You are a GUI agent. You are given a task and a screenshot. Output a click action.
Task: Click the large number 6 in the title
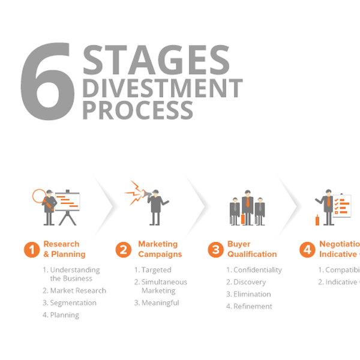(x=47, y=83)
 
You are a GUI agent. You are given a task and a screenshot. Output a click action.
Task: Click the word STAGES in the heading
(x=156, y=61)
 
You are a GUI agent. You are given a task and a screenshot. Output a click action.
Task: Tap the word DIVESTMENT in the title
(x=162, y=88)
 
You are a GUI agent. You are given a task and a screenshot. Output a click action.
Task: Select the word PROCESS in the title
(x=137, y=110)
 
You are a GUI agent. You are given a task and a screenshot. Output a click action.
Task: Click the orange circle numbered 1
(x=32, y=250)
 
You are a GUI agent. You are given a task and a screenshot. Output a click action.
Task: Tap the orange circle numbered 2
(x=123, y=250)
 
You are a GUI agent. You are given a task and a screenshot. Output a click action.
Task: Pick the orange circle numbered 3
(x=215, y=250)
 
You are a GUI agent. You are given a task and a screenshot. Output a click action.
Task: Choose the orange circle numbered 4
(x=307, y=250)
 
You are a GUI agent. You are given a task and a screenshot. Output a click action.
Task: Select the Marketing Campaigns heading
(x=158, y=249)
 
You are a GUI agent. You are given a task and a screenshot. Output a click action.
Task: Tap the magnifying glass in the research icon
(x=39, y=196)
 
